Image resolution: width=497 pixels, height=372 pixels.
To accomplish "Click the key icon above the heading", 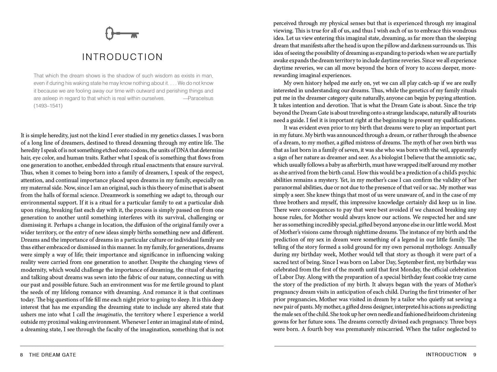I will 122,34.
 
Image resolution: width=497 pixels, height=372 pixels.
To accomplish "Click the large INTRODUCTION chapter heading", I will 122,57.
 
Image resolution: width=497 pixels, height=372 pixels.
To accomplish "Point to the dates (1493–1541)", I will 48,106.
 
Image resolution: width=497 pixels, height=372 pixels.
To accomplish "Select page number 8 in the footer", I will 22,355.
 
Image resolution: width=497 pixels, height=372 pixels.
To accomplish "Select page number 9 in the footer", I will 475,354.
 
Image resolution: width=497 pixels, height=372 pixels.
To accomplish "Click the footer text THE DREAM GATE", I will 53,355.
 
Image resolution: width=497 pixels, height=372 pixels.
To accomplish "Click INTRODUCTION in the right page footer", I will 446,354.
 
